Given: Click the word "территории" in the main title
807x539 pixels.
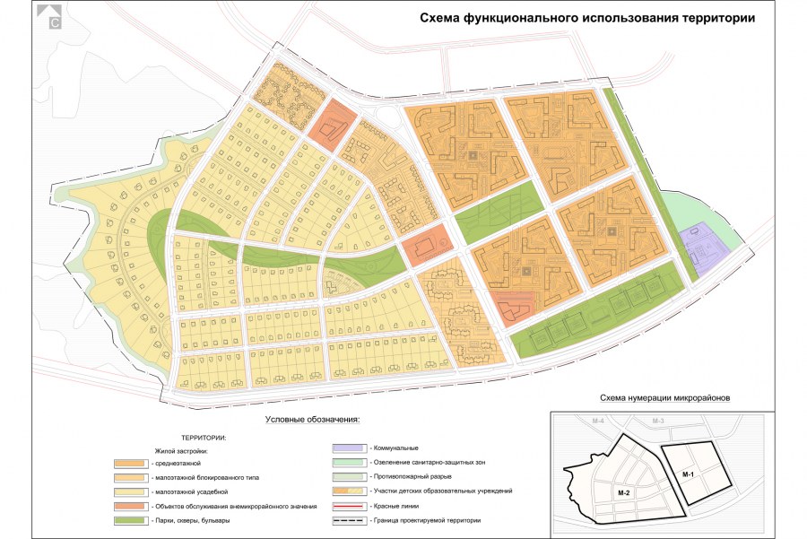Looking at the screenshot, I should click(x=704, y=17).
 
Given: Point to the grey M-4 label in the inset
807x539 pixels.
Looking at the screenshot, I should click(x=599, y=421).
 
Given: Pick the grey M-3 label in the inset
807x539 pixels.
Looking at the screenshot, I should click(x=657, y=421).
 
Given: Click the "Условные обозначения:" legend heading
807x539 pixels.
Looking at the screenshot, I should click(x=312, y=419).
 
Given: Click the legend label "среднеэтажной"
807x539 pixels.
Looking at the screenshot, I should click(x=178, y=463).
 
